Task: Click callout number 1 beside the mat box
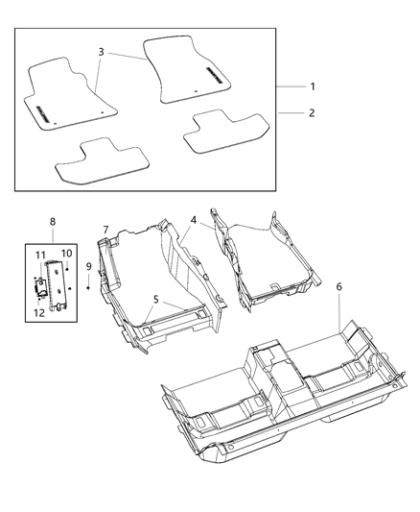tap(313, 86)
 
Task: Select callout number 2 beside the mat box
tap(313, 112)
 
